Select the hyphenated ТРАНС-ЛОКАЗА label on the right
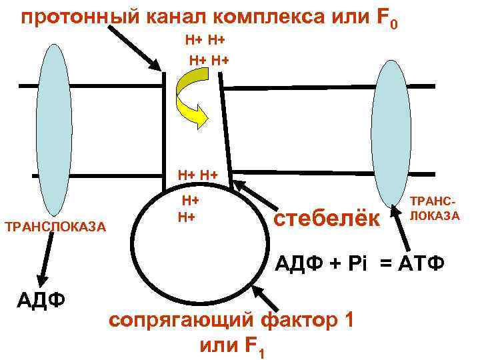point(435,208)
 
